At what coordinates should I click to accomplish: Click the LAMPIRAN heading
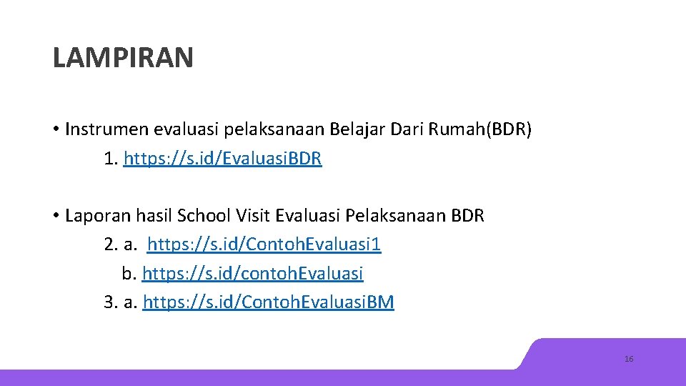click(x=123, y=58)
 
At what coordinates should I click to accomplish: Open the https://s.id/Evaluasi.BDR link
click(x=223, y=159)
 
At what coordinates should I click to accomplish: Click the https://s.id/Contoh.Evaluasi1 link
click(x=264, y=245)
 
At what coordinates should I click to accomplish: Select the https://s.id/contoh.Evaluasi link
click(x=253, y=274)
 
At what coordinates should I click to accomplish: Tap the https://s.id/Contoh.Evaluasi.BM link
click(x=269, y=302)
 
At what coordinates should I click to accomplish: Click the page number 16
click(x=629, y=359)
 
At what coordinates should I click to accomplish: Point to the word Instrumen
click(x=104, y=129)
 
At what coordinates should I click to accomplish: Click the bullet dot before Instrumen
click(x=55, y=130)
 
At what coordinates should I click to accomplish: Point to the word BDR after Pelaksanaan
click(x=467, y=216)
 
